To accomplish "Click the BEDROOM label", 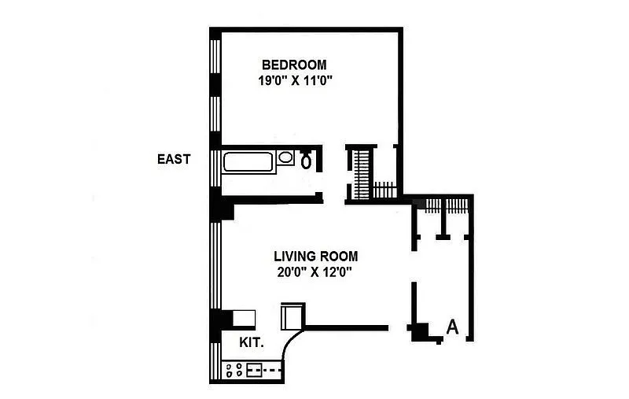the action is [294, 65].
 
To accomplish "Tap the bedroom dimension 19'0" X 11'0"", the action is [296, 81].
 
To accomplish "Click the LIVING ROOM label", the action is [316, 256].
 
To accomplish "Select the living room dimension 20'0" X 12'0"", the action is [314, 272].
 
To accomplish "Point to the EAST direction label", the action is [174, 159].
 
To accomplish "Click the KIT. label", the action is [252, 343].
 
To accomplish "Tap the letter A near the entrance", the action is [453, 327].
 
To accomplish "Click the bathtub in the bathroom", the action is [248, 162].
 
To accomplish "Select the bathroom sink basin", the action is [285, 157].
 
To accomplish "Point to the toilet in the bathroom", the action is [306, 159].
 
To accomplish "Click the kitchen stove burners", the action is [234, 370].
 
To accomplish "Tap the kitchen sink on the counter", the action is [254, 370].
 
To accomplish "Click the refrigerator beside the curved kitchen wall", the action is [292, 316].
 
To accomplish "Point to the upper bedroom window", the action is [215, 56].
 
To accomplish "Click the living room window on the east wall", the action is [215, 265].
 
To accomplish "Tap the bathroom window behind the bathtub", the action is [215, 168].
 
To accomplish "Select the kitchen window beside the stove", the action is [215, 361].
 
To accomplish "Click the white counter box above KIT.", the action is [244, 318].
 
